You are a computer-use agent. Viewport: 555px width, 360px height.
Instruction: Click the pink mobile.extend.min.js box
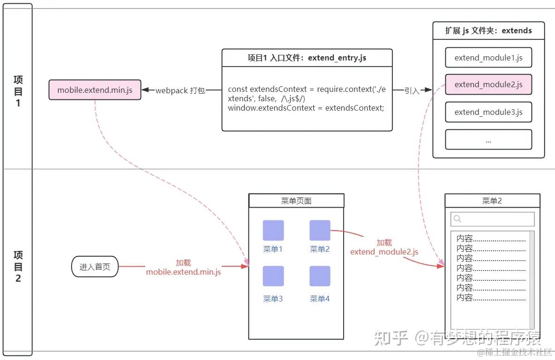95,90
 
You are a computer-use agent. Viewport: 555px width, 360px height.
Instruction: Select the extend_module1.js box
488,58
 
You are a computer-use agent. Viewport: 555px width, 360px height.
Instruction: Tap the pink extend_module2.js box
488,84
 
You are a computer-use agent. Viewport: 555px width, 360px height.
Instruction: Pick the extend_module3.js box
488,112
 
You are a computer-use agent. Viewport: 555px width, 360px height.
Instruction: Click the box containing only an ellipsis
488,140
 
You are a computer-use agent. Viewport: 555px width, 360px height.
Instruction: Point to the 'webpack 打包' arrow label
180,90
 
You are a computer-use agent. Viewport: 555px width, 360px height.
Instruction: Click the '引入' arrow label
412,90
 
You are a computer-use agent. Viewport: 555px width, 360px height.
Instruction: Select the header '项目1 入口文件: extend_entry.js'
307,58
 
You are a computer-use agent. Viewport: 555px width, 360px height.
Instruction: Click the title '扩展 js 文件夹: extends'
488,30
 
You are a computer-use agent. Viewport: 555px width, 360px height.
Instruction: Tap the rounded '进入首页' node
95,267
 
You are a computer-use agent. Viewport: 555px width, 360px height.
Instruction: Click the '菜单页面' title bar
296,201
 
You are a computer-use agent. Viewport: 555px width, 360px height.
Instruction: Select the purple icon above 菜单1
273,230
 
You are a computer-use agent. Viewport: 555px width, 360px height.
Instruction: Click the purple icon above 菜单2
320,230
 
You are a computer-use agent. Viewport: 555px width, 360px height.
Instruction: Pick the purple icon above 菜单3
273,276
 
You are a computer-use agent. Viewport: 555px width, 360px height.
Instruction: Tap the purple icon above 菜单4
320,276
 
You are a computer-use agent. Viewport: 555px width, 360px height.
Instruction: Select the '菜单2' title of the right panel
492,201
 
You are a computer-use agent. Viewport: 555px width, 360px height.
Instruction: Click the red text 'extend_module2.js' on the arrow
384,252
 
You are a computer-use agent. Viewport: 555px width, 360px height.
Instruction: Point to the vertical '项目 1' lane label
18,91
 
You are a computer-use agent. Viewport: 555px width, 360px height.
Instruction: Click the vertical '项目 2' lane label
18,267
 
